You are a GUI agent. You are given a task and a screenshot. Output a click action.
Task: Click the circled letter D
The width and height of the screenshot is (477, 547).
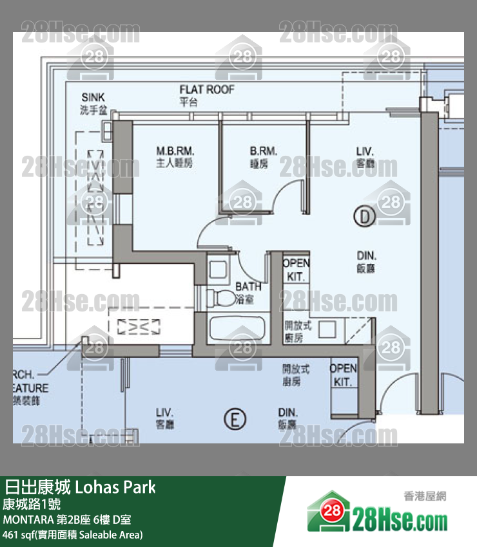coord(364,217)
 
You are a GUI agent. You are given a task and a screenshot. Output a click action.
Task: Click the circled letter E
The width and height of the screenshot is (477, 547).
coord(235,420)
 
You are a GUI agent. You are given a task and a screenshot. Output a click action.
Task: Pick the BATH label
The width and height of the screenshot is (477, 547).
coord(248,286)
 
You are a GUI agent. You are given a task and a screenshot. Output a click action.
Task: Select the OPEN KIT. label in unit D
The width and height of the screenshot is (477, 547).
coord(296,269)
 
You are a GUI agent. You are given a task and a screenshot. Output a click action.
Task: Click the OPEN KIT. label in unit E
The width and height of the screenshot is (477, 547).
coord(343,375)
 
